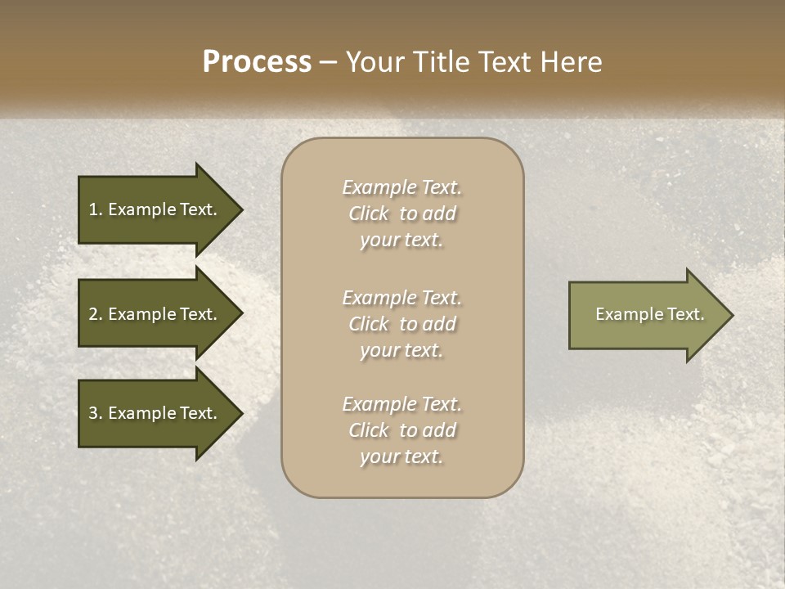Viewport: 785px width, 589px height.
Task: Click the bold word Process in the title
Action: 257,61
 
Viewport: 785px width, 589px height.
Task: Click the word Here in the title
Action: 572,61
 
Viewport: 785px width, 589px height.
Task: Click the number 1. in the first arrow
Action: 95,209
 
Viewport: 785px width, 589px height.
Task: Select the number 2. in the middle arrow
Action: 95,314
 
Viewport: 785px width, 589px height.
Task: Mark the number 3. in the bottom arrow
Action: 95,413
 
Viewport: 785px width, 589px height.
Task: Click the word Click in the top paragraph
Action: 369,214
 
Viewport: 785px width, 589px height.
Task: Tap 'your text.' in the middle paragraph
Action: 401,350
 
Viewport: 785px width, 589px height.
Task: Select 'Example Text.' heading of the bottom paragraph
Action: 401,403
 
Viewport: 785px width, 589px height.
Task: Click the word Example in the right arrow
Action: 622,314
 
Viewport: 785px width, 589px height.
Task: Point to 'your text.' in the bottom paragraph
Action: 401,456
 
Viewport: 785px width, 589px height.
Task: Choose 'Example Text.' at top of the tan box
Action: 401,187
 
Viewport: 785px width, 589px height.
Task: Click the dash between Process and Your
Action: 328,62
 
